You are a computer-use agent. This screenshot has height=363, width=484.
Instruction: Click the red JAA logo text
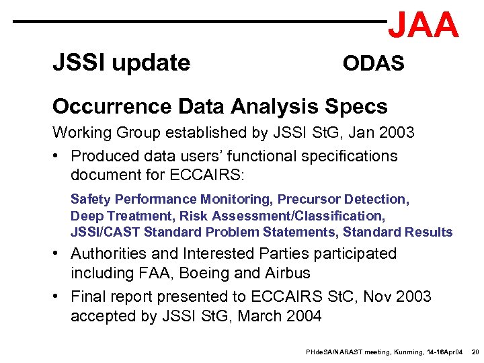tap(423, 26)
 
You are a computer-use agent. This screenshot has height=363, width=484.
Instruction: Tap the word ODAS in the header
tap(373, 64)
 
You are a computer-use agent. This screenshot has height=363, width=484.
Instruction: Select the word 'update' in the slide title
tap(151, 63)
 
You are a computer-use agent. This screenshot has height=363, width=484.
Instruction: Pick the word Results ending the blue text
tap(429, 232)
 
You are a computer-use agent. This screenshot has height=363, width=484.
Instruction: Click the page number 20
tap(475, 352)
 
